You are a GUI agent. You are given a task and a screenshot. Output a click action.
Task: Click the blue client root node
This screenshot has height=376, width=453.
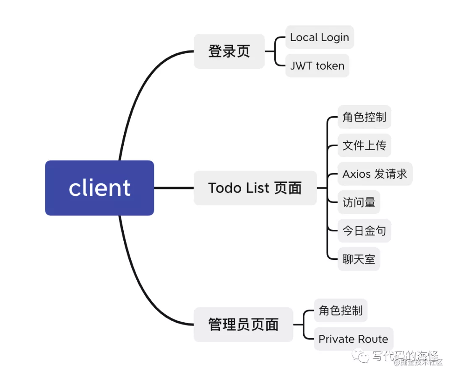(99, 188)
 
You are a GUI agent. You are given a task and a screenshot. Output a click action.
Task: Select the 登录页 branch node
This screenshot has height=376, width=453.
(229, 51)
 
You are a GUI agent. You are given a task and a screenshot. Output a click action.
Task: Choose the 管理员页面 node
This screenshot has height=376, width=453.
(243, 324)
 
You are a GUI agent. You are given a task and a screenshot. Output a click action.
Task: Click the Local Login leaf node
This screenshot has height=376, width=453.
(320, 37)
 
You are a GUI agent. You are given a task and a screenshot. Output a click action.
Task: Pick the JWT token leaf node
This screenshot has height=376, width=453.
(317, 65)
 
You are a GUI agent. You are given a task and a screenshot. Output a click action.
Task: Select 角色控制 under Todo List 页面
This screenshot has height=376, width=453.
(364, 117)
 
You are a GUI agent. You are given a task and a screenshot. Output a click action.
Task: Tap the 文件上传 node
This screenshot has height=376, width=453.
(364, 145)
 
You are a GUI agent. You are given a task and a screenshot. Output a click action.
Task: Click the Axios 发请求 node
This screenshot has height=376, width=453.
(375, 174)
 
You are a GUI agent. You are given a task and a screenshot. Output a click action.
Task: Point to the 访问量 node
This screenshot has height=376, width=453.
(359, 202)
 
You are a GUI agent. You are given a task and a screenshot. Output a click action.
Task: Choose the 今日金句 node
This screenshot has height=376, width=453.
(364, 231)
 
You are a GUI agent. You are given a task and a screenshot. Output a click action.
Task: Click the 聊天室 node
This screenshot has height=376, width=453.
(359, 259)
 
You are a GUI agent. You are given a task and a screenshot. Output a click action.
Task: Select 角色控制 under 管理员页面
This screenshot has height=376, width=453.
(340, 311)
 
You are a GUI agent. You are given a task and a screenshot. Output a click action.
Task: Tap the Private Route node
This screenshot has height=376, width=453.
(353, 339)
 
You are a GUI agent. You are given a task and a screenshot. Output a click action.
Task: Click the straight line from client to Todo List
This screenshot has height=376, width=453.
(174, 188)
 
